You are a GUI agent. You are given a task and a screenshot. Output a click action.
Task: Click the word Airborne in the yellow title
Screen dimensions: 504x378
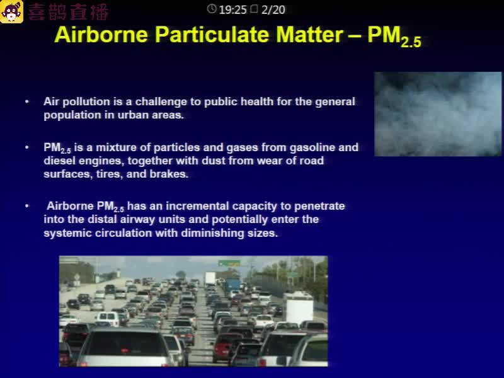(x=101, y=35)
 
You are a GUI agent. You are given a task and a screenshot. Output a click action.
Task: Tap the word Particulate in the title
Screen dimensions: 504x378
(x=212, y=35)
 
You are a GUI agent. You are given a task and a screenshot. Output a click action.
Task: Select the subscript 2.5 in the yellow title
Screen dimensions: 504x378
(x=411, y=42)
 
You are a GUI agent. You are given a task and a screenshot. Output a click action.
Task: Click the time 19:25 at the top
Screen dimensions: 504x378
(x=232, y=10)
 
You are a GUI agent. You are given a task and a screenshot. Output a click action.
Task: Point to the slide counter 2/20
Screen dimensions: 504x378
(x=273, y=10)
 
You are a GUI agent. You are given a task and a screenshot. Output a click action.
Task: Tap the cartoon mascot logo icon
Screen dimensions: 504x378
(x=11, y=11)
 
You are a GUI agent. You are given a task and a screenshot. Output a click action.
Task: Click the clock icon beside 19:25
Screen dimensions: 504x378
(x=212, y=9)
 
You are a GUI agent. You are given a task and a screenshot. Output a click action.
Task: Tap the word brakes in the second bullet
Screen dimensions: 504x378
(x=169, y=174)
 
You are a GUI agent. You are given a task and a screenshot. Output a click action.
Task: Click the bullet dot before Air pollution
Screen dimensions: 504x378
(x=27, y=101)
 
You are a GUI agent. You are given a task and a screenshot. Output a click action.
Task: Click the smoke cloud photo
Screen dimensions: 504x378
(x=438, y=114)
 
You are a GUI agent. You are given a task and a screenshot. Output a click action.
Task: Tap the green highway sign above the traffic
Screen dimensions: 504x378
(x=229, y=263)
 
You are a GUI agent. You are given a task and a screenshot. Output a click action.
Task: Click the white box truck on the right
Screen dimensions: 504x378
(x=299, y=307)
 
